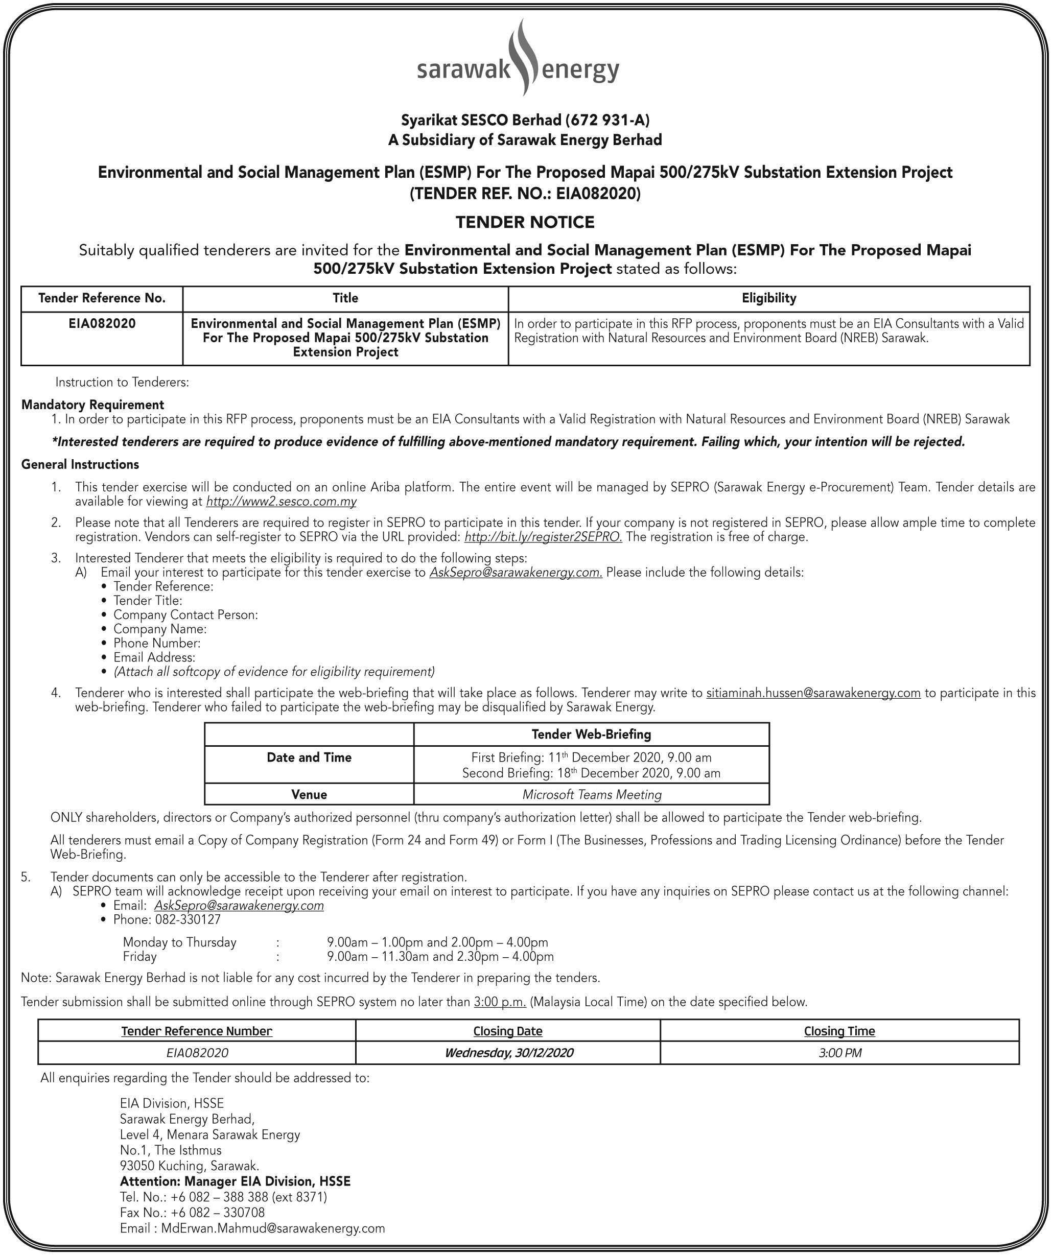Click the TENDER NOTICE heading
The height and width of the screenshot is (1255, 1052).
click(525, 222)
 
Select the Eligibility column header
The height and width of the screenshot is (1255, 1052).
click(768, 298)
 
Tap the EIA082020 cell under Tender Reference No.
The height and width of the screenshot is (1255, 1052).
click(102, 324)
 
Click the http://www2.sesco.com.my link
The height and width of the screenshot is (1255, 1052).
click(281, 502)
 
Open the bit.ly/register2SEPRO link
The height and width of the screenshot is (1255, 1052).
click(543, 537)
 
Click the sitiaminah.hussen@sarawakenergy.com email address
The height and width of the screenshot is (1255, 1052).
click(813, 693)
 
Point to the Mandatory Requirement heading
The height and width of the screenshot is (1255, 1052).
click(92, 405)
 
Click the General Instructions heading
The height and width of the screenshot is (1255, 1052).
click(80, 464)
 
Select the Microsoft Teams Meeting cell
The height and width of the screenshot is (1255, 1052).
click(591, 795)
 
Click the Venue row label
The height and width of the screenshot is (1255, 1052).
click(309, 795)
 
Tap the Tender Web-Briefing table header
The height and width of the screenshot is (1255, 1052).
click(591, 735)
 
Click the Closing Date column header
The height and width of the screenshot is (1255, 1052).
click(507, 1031)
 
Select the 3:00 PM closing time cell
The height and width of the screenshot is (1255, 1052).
click(839, 1053)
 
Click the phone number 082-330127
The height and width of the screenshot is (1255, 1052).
click(188, 920)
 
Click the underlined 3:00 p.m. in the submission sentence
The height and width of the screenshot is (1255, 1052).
click(500, 1002)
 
